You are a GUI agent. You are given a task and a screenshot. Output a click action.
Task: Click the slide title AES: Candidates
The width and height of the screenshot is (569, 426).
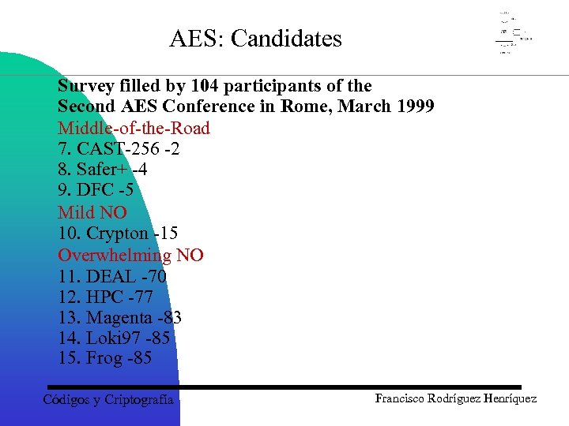pos(255,39)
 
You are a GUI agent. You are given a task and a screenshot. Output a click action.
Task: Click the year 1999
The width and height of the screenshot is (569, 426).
pos(413,106)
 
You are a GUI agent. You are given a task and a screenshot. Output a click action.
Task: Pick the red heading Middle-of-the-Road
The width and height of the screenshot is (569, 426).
pos(134,128)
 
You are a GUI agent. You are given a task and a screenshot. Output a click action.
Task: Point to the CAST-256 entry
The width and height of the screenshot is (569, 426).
pos(119,149)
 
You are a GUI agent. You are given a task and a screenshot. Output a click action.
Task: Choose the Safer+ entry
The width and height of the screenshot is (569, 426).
pos(102,170)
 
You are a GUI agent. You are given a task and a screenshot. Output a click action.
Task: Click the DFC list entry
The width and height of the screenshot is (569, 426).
pos(96,191)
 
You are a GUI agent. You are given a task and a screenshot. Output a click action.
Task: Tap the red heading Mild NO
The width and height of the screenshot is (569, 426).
pos(92,212)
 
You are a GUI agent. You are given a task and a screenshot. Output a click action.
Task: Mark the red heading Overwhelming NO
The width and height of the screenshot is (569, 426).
pos(130,255)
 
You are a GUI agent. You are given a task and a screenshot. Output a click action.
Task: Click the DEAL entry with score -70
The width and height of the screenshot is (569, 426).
pos(111,276)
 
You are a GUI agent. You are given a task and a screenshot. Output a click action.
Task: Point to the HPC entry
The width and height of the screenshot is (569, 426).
pos(105,297)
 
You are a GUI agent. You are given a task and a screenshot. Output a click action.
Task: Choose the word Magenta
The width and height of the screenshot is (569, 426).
pos(119,318)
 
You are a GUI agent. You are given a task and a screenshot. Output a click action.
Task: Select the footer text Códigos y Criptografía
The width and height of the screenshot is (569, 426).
pos(107,400)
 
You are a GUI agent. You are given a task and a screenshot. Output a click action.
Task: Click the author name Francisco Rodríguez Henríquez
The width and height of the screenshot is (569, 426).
pos(455,398)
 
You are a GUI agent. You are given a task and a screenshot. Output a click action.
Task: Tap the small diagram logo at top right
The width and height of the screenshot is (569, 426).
pos(513,34)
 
